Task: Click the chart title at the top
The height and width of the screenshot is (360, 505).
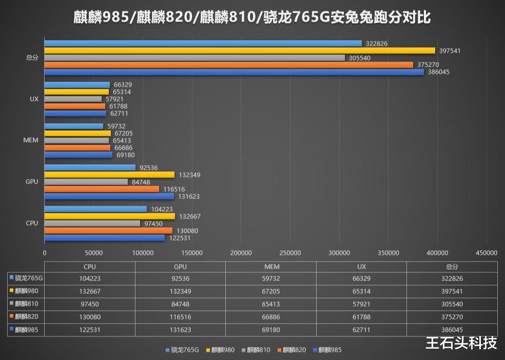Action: click(252, 18)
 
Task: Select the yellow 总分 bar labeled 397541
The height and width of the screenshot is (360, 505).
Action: click(240, 51)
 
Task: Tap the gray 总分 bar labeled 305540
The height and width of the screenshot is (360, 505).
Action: click(195, 58)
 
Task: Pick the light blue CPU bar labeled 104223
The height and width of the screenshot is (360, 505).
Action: click(95, 209)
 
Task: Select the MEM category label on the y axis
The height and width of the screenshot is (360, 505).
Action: click(31, 141)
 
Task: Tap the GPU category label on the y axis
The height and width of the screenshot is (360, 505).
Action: click(31, 182)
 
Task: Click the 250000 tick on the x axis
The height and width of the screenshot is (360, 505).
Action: click(290, 253)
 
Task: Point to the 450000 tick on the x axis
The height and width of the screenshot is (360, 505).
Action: click(487, 253)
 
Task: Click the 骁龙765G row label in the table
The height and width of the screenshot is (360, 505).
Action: click(29, 278)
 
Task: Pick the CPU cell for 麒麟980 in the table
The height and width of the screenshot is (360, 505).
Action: click(89, 291)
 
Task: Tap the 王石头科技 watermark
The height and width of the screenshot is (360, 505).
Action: click(461, 342)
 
